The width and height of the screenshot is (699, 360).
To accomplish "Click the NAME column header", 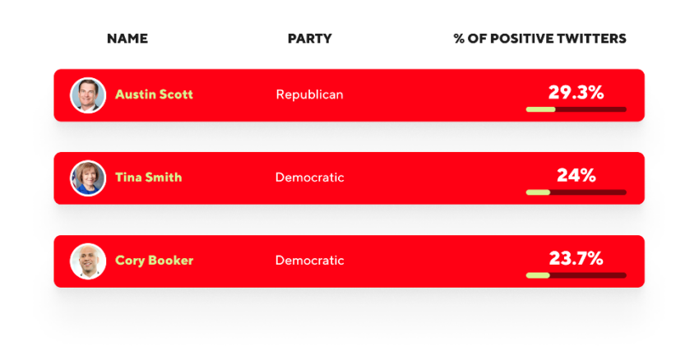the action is click(127, 39).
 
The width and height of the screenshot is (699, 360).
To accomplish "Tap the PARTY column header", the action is click(310, 39).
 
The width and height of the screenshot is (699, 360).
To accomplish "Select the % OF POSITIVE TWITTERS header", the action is click(539, 39).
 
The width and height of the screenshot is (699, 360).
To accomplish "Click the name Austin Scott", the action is click(155, 95).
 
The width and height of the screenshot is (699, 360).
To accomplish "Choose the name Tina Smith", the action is click(149, 178).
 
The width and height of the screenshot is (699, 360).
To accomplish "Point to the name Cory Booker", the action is click(155, 261).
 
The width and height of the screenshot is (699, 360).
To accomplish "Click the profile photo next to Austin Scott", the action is click(88, 95).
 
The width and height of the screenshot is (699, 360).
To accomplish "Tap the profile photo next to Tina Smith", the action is click(88, 178).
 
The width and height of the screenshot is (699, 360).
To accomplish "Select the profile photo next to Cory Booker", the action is click(88, 261).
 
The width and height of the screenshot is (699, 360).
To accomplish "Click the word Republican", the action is click(310, 95).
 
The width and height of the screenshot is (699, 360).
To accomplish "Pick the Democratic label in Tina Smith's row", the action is click(310, 178).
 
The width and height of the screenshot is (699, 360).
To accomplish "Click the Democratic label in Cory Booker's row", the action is click(310, 261).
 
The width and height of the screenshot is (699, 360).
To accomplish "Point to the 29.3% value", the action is click(576, 93).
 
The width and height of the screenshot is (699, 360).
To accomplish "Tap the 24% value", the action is click(576, 176).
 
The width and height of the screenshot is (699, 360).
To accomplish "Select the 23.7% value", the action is click(576, 258).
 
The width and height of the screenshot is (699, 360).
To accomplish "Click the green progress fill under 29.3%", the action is click(541, 109).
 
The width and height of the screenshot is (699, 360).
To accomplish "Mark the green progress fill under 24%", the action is click(538, 192).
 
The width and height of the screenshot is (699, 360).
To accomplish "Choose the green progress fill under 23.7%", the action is click(538, 275).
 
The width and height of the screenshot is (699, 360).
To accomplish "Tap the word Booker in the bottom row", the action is click(171, 261).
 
